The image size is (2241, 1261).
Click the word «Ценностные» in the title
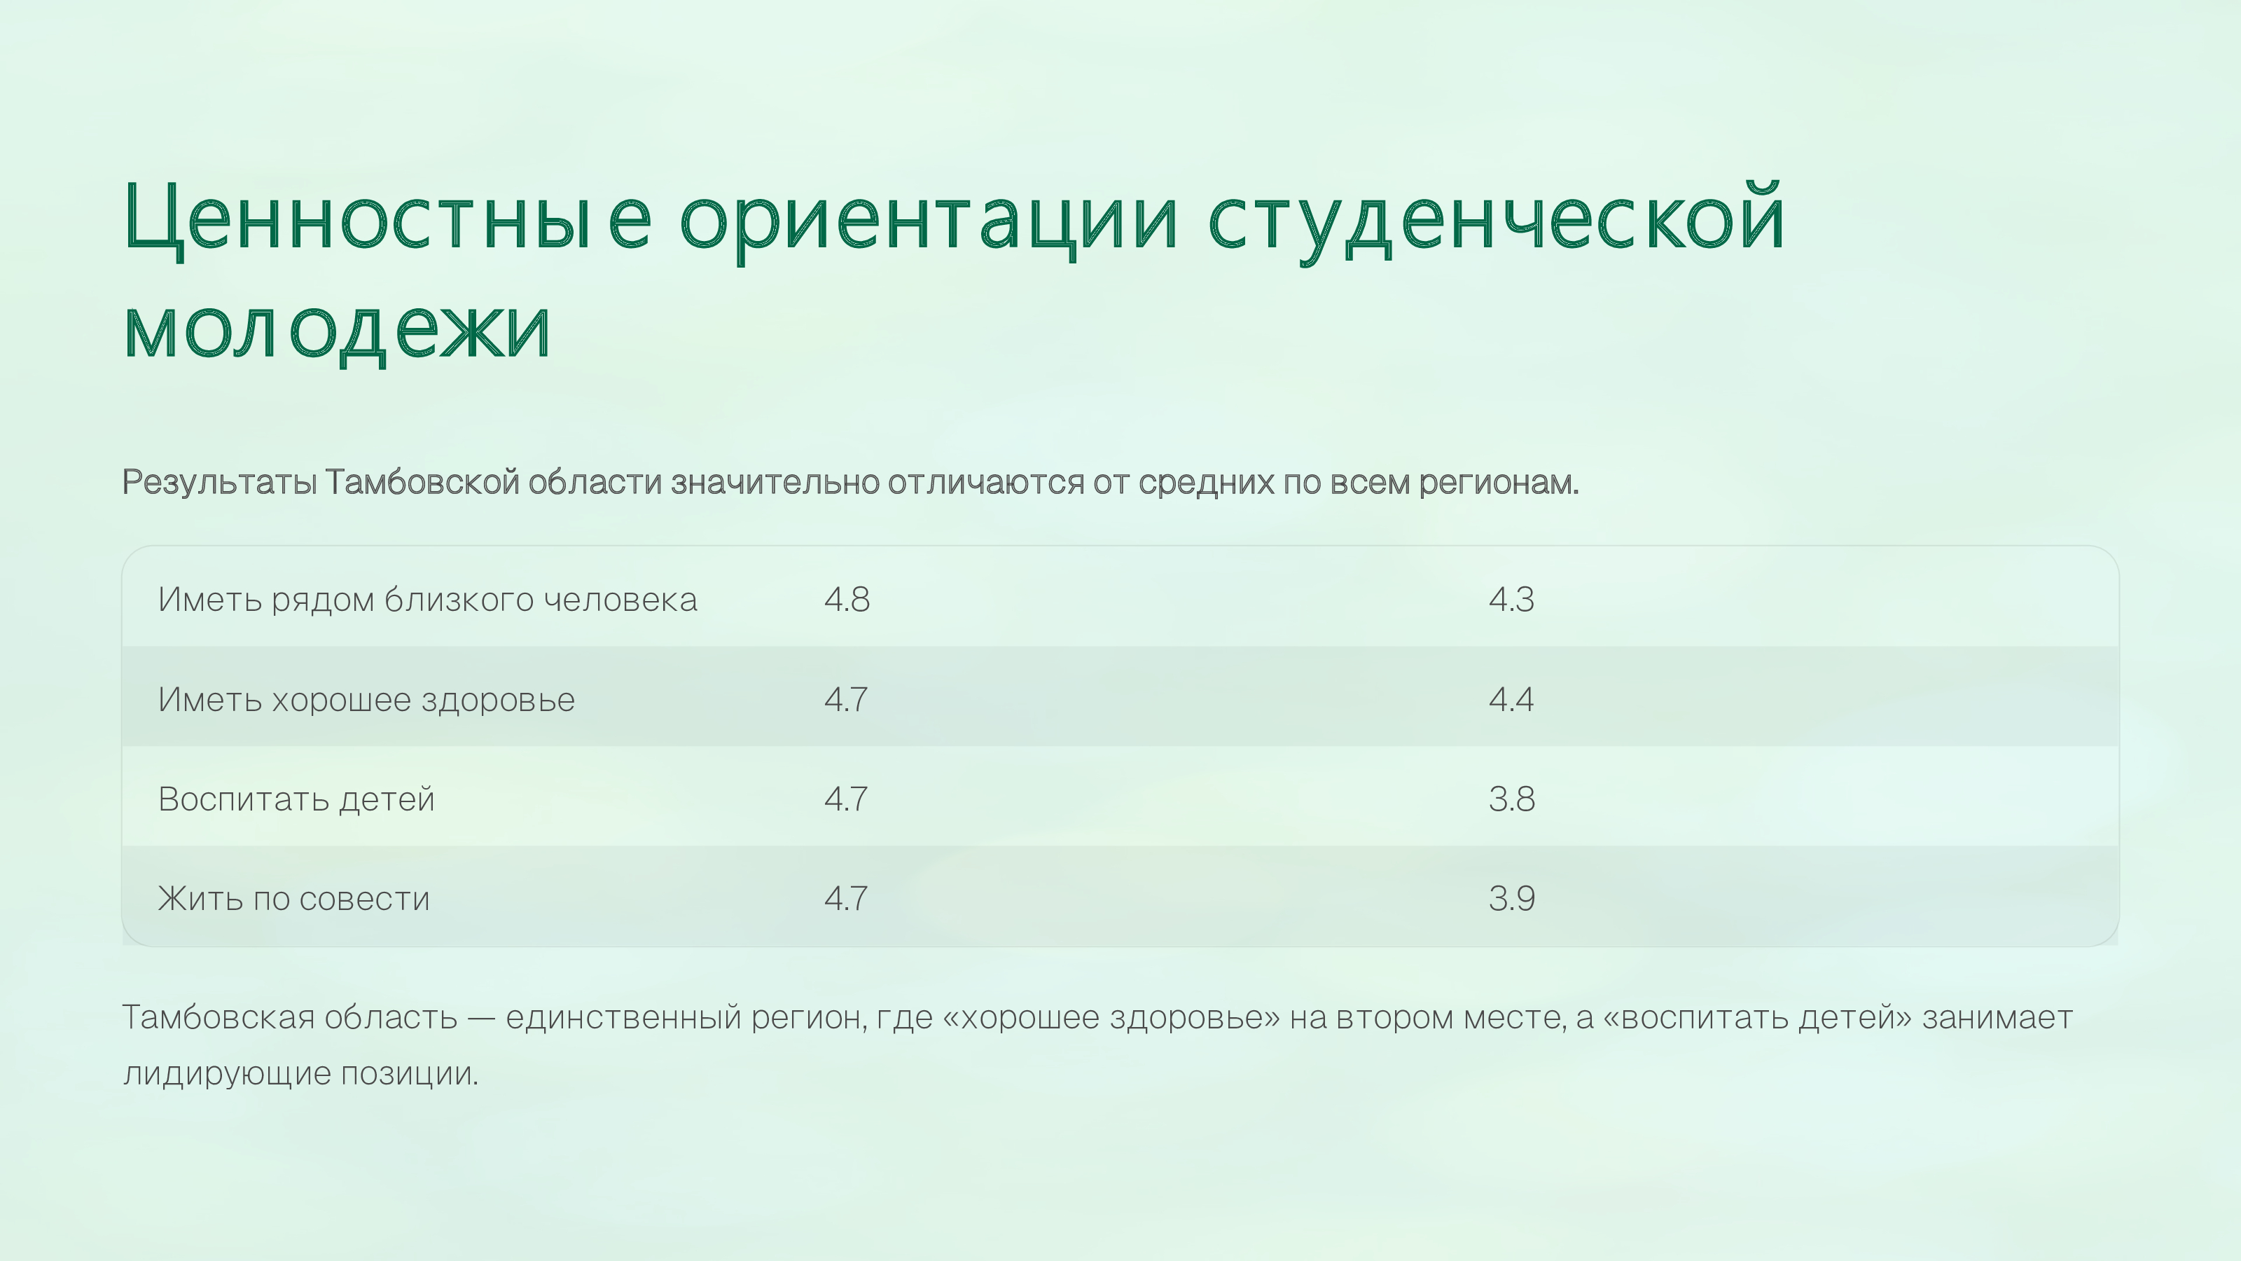(x=388, y=218)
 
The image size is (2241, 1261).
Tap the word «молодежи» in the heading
(x=338, y=330)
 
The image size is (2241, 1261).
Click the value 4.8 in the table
(x=847, y=600)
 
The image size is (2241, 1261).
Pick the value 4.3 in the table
(x=1512, y=600)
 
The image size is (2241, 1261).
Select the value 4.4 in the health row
(x=1512, y=700)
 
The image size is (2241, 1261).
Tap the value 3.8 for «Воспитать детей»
(x=1512, y=799)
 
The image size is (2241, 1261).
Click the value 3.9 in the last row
(x=1512, y=898)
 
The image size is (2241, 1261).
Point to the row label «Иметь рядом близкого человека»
(x=427, y=600)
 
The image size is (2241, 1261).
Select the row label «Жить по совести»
(x=294, y=899)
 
